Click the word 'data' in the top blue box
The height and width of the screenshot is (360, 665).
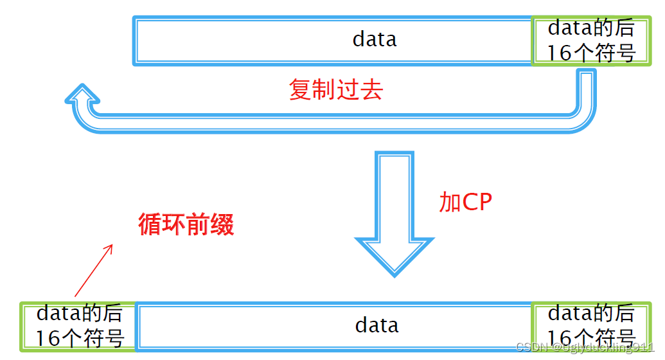375,40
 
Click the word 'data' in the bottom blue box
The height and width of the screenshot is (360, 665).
377,325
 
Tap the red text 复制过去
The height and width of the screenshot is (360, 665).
335,90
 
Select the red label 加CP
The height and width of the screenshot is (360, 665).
465,203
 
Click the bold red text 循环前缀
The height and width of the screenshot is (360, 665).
186,224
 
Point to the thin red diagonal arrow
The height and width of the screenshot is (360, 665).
93,270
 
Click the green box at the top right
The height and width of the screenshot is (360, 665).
590,41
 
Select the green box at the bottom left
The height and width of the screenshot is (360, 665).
78,327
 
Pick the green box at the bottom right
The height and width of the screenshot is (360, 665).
590,327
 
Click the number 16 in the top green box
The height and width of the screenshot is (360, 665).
558,53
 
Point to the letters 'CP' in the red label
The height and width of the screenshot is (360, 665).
478,203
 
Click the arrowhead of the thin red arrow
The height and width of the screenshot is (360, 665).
111,246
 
